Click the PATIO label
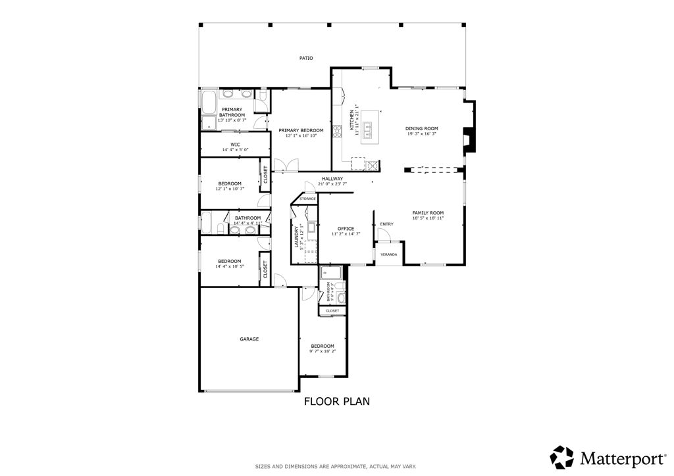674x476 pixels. (x=306, y=59)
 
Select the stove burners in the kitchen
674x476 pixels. (x=337, y=131)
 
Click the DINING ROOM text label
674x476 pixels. (x=421, y=129)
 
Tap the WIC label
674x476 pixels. (x=235, y=144)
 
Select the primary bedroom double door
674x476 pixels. (x=287, y=165)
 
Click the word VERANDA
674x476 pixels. (x=388, y=254)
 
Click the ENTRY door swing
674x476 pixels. (x=382, y=233)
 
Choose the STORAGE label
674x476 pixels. (x=307, y=199)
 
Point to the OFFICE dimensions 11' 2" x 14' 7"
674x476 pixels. (x=346, y=233)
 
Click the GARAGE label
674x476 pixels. (x=249, y=339)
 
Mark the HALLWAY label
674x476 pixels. (x=332, y=179)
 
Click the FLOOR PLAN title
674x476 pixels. (x=336, y=401)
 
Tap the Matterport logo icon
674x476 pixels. (x=562, y=457)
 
